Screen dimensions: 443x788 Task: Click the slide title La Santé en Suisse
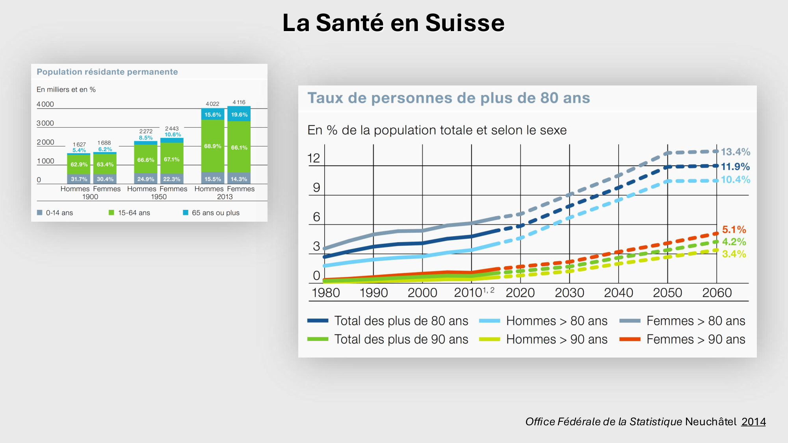point(393,23)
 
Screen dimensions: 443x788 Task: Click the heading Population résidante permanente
point(107,72)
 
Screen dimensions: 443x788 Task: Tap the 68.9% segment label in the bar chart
point(212,146)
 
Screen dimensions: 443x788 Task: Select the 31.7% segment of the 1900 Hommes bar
point(79,179)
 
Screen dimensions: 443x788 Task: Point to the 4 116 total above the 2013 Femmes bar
point(239,102)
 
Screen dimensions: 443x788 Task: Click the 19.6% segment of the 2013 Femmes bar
point(239,115)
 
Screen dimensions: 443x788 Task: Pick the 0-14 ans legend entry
point(55,213)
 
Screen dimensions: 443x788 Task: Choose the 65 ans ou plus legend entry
point(212,213)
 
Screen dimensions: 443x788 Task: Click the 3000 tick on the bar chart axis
point(45,123)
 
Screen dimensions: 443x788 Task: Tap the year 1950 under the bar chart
point(159,197)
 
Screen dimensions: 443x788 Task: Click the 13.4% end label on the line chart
point(735,152)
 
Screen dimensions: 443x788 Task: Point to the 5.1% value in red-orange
point(734,230)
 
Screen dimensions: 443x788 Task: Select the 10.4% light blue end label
point(735,180)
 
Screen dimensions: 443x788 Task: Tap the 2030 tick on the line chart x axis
point(569,293)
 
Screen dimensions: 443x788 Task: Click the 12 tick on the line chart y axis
point(314,158)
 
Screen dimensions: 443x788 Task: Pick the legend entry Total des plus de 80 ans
point(401,321)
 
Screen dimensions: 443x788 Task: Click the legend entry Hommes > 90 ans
point(556,339)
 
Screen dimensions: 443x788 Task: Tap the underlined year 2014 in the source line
point(753,422)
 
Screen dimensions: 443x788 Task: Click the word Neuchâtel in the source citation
point(710,422)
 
